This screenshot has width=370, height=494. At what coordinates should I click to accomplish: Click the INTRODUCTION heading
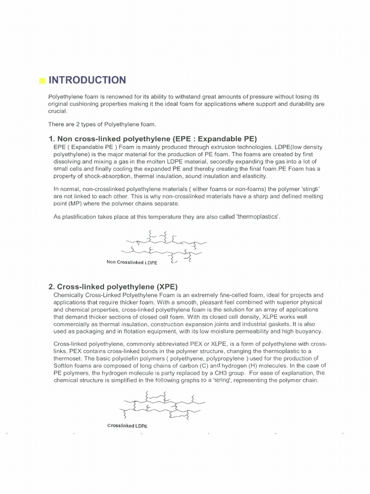pyautogui.click(x=87, y=80)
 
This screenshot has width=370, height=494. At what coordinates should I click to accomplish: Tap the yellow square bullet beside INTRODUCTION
pyautogui.click(x=42, y=81)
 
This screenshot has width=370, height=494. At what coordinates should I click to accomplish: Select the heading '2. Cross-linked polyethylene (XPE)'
pyautogui.click(x=113, y=287)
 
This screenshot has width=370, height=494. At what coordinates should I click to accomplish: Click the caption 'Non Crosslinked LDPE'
pyautogui.click(x=132, y=263)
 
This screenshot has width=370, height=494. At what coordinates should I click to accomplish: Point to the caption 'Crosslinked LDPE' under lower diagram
pyautogui.click(x=128, y=425)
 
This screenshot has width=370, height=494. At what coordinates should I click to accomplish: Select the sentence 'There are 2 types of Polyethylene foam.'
pyautogui.click(x=100, y=124)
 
